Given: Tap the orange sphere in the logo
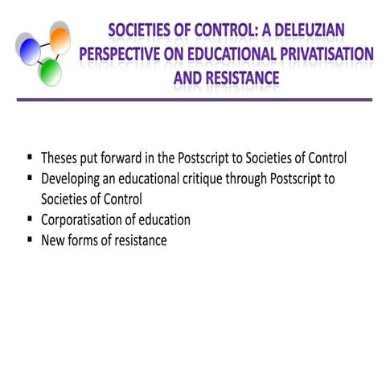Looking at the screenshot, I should tap(59, 36).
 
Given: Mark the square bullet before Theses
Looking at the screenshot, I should tap(30, 158).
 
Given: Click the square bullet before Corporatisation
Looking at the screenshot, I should tap(30, 220).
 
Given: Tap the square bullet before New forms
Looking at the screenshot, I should tap(30, 240).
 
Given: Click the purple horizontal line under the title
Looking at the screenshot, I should tap(193, 100).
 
